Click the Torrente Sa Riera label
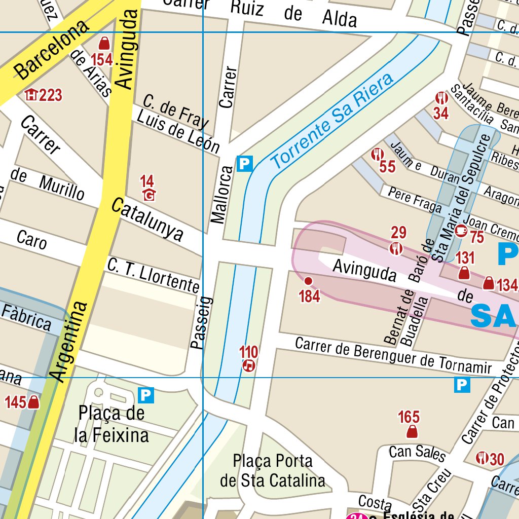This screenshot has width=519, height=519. [332, 122]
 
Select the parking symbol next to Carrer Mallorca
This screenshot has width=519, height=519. [245, 164]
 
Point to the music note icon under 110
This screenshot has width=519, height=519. [248, 365]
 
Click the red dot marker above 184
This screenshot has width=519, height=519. [308, 281]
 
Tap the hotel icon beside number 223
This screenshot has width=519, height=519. [32, 95]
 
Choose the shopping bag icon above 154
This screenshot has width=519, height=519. [104, 43]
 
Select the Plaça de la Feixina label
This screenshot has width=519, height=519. [112, 424]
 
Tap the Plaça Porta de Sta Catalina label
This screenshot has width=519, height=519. [273, 470]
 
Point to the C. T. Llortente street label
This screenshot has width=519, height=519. [153, 276]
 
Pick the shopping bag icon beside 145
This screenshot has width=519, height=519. [34, 402]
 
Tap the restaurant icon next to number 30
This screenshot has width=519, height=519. [481, 458]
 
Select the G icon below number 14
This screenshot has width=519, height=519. [149, 195]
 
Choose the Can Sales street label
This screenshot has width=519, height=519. [417, 453]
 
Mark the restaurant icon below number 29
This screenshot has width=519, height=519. [396, 248]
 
